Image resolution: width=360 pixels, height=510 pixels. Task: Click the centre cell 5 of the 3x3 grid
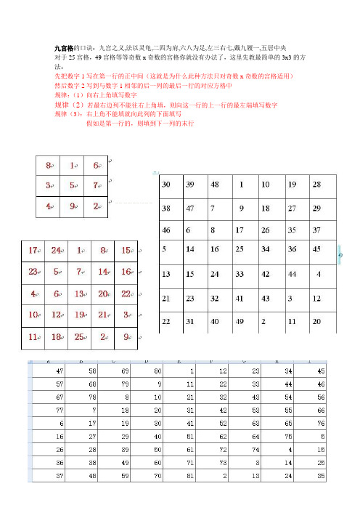pyautogui.click(x=72, y=185)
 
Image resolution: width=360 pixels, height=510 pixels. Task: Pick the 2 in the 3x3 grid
pyautogui.click(x=96, y=206)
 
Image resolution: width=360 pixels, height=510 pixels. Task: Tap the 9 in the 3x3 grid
pyautogui.click(x=72, y=206)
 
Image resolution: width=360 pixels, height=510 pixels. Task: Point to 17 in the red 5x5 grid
pyautogui.click(x=33, y=251)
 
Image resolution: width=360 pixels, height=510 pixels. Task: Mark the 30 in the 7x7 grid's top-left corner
pyautogui.click(x=167, y=185)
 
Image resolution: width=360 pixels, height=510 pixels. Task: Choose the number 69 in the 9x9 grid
pyautogui.click(x=118, y=371)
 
